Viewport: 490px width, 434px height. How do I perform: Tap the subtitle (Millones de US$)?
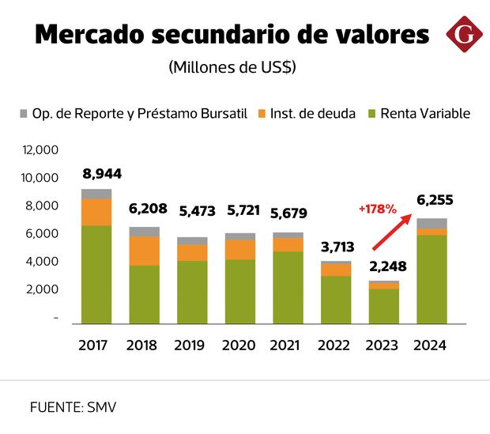232,67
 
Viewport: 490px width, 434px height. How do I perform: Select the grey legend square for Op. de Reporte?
23,114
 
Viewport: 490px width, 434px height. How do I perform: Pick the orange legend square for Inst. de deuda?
263,114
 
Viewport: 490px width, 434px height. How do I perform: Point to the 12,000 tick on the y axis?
41,149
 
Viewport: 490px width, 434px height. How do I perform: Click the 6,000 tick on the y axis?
44,233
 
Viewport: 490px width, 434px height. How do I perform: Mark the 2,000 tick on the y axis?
44,289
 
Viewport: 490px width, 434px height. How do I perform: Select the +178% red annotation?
375,209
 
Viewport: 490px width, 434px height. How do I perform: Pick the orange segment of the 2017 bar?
96,212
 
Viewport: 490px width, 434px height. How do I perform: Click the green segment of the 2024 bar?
432,278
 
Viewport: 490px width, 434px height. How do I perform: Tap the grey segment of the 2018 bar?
144,232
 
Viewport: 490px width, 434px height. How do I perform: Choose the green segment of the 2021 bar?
288,287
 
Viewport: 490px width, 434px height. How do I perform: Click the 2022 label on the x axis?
336,345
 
